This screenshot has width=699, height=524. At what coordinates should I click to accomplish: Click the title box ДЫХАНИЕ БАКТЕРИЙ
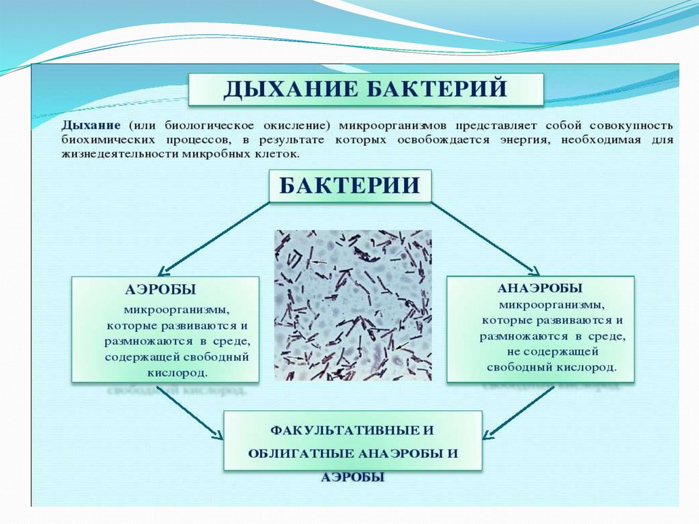[366, 89]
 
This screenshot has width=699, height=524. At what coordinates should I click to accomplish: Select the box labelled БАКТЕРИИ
[349, 186]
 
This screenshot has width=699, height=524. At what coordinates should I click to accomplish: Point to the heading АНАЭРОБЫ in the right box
[540, 288]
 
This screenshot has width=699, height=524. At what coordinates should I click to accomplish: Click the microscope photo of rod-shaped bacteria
[353, 305]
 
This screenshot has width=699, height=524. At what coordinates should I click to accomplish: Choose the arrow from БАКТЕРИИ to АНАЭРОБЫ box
[485, 237]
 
